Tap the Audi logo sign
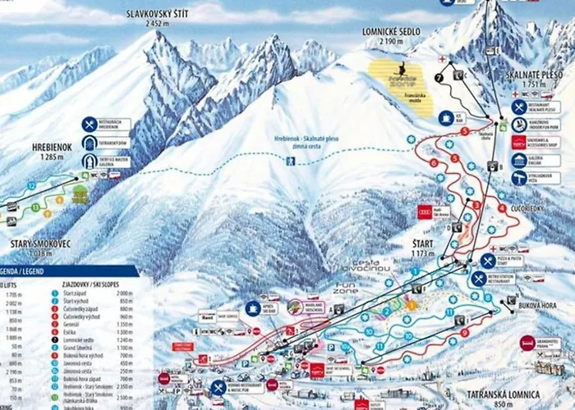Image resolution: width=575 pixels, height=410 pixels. [x=424, y=212]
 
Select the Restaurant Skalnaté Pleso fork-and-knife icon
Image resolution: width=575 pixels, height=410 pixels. [x=519, y=107]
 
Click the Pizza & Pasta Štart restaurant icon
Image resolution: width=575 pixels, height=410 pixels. [x=489, y=260]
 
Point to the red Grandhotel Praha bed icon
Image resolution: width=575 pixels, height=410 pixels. [x=527, y=342]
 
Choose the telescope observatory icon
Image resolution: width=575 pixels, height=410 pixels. [x=519, y=178]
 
